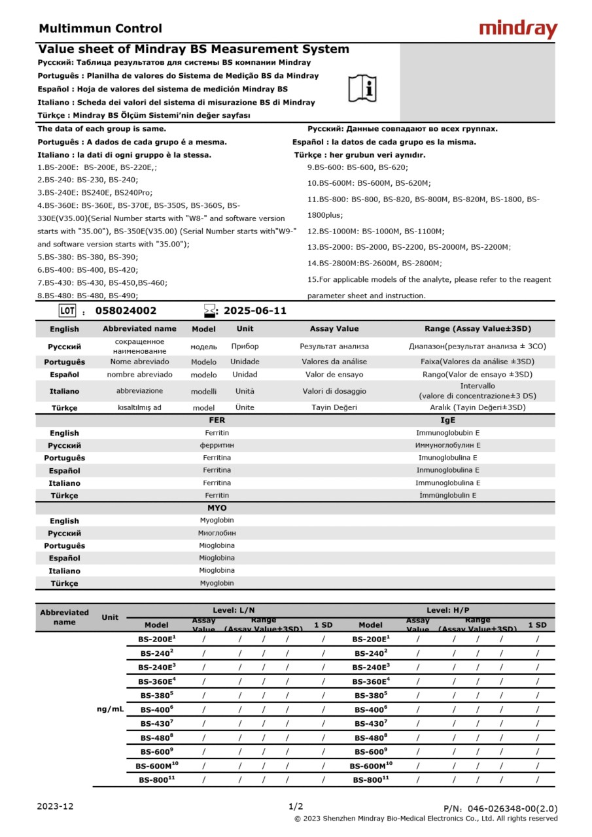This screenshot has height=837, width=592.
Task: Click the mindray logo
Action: (x=518, y=29)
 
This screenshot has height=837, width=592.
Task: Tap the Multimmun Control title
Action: (x=100, y=29)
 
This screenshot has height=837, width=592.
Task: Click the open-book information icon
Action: (x=362, y=88)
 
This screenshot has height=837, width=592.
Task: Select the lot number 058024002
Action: (x=126, y=311)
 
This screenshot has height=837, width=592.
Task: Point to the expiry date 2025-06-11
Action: (x=255, y=311)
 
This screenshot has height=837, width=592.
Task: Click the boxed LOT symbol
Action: (x=68, y=311)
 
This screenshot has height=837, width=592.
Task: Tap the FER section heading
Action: (x=217, y=420)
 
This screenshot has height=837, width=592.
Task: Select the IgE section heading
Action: (x=447, y=420)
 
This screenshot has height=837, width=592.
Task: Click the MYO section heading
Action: (x=217, y=508)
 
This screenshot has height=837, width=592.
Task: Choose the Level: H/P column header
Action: (x=448, y=609)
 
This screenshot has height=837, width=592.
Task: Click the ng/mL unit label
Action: (x=111, y=709)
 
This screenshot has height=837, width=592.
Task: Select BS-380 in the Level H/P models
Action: (x=371, y=695)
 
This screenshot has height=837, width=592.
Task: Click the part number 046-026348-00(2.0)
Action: (x=500, y=809)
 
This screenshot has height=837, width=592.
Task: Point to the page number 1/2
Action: (x=296, y=806)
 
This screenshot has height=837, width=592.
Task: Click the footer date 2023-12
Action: (x=56, y=806)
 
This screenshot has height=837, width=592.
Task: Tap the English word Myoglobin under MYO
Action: (x=217, y=521)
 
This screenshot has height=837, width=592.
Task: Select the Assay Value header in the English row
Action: (x=334, y=329)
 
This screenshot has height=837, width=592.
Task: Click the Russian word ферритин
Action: (x=217, y=445)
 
